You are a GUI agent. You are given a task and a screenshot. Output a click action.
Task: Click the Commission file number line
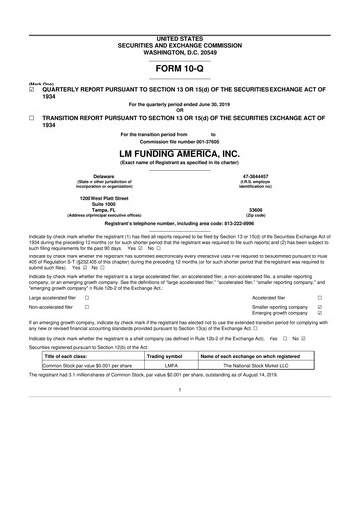179,140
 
